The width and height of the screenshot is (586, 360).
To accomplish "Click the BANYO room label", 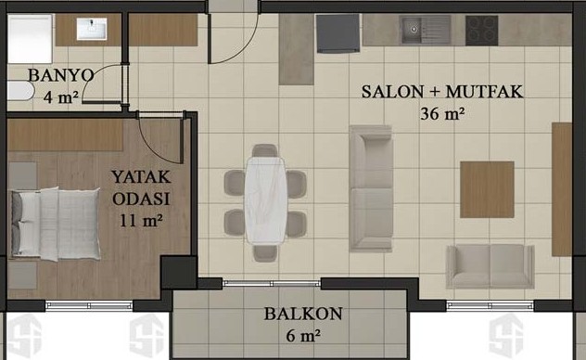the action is (x=60, y=75).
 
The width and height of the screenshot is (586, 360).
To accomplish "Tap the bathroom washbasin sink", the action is (x=92, y=29).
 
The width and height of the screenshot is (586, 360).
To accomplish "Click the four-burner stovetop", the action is (x=482, y=31).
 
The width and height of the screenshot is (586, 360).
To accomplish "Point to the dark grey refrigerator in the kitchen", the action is (x=338, y=33).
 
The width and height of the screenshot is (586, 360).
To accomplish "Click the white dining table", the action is (x=266, y=200).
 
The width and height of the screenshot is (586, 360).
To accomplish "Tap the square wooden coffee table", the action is (x=487, y=189).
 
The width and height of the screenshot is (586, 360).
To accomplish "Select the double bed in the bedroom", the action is (x=56, y=224).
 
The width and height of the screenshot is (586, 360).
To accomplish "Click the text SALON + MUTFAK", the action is (x=442, y=92).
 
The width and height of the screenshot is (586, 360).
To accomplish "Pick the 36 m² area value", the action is (x=442, y=113).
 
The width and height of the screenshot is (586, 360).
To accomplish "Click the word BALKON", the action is (x=303, y=314).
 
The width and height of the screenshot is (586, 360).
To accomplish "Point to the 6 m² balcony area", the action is (x=303, y=335).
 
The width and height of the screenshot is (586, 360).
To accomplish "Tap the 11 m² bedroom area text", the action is (x=141, y=221).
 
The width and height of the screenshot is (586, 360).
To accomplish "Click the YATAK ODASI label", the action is (x=141, y=187).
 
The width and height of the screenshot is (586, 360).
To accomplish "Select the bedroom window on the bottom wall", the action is (x=89, y=305).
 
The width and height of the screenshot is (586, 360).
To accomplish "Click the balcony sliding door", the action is (x=272, y=283).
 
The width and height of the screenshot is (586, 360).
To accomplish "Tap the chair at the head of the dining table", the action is (x=265, y=150).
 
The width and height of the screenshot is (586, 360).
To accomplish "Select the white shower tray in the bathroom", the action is (x=30, y=39).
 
